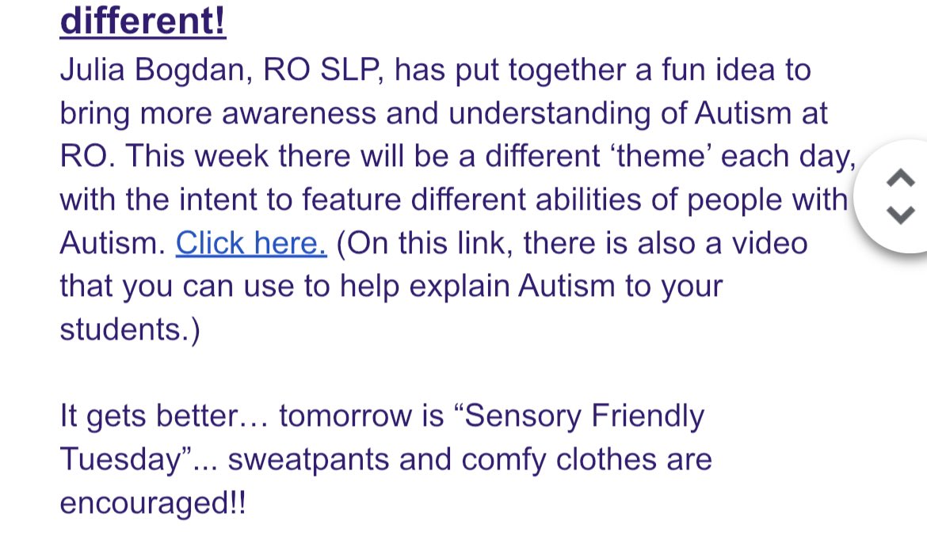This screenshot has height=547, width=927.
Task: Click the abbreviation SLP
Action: pos(346,71)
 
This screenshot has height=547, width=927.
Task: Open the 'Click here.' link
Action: pos(251,243)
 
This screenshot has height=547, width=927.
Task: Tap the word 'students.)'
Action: pos(130,329)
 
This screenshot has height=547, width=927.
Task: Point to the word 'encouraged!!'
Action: pos(152,503)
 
